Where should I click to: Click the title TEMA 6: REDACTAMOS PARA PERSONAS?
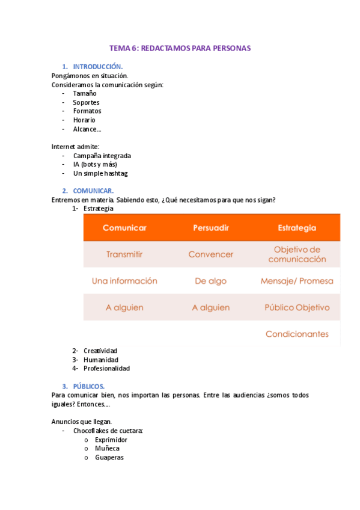(180, 48)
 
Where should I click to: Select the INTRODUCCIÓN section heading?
(98, 66)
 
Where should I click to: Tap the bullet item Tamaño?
(85, 93)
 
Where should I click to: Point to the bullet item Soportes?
(86, 102)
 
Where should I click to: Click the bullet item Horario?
(84, 120)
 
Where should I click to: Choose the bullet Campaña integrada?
(102, 156)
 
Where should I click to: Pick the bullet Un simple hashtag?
(100, 173)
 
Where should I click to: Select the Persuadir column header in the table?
(210, 228)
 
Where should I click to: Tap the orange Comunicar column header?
(124, 228)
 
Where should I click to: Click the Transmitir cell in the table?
(124, 254)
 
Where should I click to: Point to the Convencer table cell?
(210, 254)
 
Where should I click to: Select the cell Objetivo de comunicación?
(297, 254)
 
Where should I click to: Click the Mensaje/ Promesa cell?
(297, 281)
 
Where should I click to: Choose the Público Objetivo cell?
(297, 307)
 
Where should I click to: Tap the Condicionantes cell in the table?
(297, 334)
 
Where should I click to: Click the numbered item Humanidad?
(101, 360)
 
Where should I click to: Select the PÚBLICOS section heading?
(89, 386)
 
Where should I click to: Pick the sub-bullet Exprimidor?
(111, 440)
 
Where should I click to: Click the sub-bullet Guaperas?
(109, 457)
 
